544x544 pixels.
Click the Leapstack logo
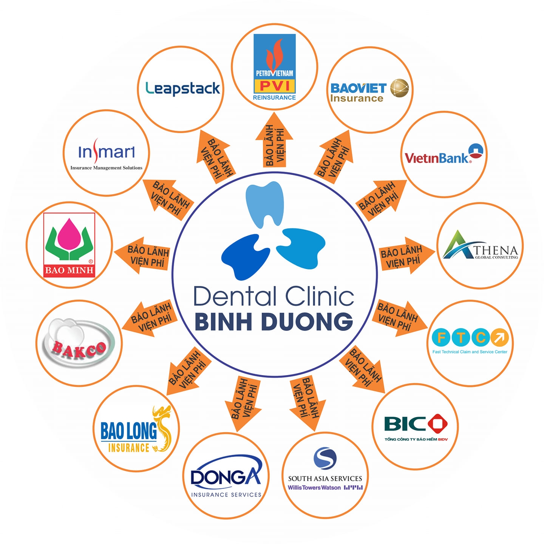[182, 88]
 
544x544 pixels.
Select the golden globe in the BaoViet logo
[399, 88]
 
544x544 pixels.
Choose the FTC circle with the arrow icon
[499, 337]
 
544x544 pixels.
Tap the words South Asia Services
[325, 478]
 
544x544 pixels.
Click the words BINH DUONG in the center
[274, 321]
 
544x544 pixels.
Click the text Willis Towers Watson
[314, 488]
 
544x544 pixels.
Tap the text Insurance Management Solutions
[107, 168]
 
